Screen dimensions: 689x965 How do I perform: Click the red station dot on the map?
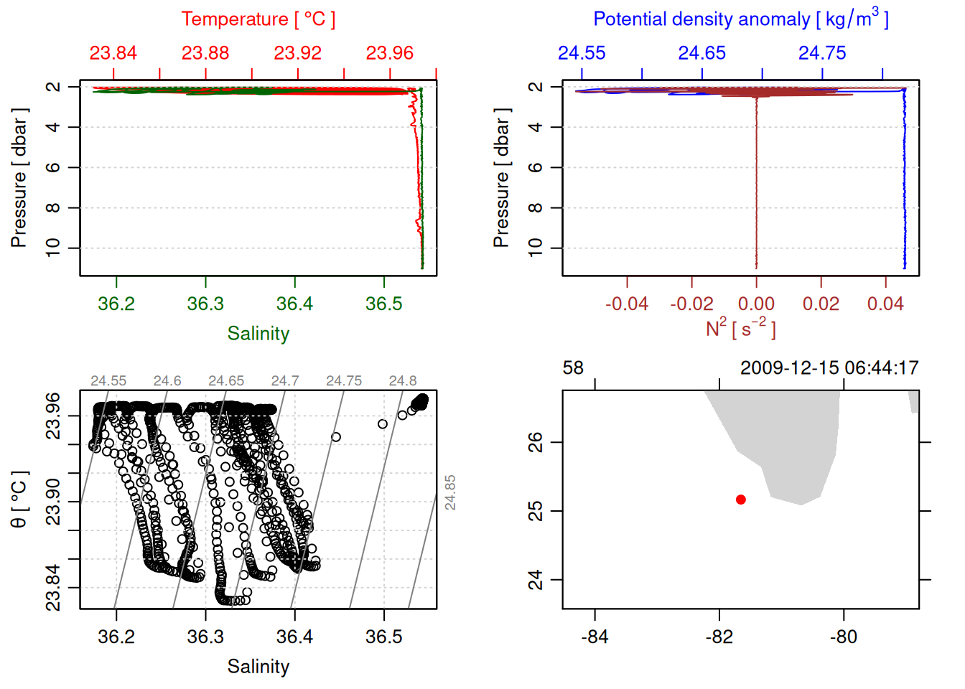(x=740, y=500)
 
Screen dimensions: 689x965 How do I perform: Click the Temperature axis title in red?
(x=258, y=19)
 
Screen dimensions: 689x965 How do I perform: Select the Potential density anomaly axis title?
(x=740, y=19)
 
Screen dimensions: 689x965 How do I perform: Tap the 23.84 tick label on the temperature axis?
(x=113, y=53)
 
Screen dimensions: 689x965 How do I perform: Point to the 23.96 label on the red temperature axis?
(x=390, y=53)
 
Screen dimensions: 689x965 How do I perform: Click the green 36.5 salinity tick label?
(x=383, y=304)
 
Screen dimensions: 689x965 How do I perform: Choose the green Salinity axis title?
(x=258, y=334)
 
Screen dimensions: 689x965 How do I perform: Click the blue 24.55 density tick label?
(x=582, y=53)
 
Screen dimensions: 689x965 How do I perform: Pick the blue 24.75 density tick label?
(x=822, y=53)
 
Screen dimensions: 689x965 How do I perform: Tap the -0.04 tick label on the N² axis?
(x=626, y=304)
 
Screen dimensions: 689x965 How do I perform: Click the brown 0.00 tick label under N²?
(x=756, y=304)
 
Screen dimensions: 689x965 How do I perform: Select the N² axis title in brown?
(x=740, y=328)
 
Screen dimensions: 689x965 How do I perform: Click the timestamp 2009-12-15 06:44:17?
(x=829, y=368)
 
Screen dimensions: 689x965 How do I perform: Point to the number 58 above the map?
(x=573, y=368)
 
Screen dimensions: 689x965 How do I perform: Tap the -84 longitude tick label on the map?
(x=595, y=637)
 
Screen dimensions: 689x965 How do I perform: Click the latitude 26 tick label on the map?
(x=536, y=442)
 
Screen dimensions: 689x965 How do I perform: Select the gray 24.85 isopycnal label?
(x=450, y=492)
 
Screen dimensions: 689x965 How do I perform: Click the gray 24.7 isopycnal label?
(x=285, y=381)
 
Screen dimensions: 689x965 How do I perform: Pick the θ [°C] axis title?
(x=19, y=500)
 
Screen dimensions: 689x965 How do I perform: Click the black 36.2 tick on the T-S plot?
(x=116, y=637)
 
